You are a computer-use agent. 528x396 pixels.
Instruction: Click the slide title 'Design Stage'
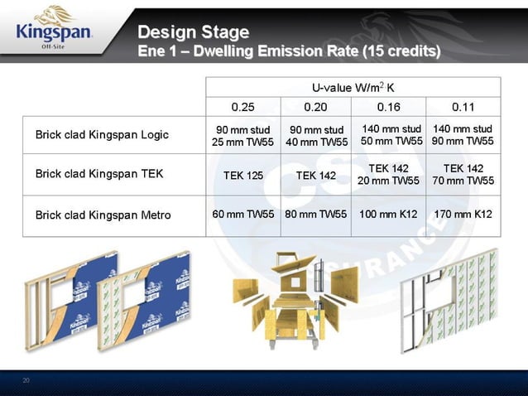[x=193, y=32]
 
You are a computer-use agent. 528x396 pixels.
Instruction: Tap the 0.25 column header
[x=242, y=107]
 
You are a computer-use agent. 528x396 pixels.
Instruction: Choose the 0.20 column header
[x=315, y=107]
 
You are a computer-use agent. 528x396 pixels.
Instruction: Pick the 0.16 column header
[x=388, y=107]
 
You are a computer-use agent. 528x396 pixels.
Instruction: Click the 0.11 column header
[x=463, y=107]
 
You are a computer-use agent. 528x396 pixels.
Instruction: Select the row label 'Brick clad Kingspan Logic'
[x=102, y=135]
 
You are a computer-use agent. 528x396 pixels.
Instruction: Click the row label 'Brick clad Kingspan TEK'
[x=98, y=174]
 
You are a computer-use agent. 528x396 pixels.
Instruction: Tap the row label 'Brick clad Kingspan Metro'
[x=103, y=215]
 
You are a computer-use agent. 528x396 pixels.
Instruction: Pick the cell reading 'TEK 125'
[x=243, y=176]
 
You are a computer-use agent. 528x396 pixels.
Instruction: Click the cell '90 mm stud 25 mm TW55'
[x=243, y=136]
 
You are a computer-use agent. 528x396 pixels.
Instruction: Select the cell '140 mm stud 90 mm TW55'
[x=463, y=135]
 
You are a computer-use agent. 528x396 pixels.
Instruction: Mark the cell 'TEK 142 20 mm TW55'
[x=389, y=174]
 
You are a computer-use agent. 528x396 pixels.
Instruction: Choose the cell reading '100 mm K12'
[x=388, y=215]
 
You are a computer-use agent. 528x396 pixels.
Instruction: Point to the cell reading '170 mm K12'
[x=463, y=215]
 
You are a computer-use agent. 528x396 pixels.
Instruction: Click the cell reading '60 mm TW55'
[x=243, y=215]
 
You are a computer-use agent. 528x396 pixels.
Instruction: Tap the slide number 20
[x=26, y=380]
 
